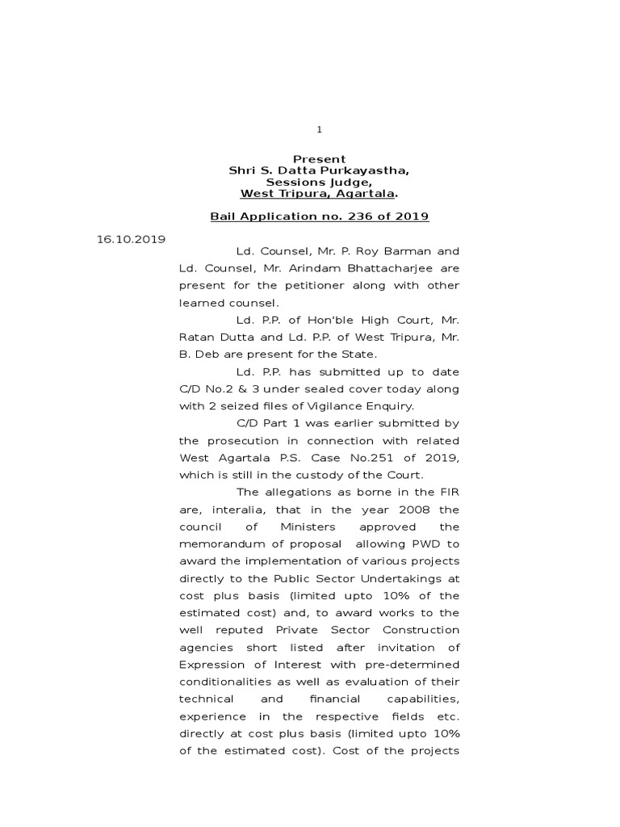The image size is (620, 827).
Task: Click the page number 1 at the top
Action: click(319, 129)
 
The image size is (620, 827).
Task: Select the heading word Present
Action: click(319, 159)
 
